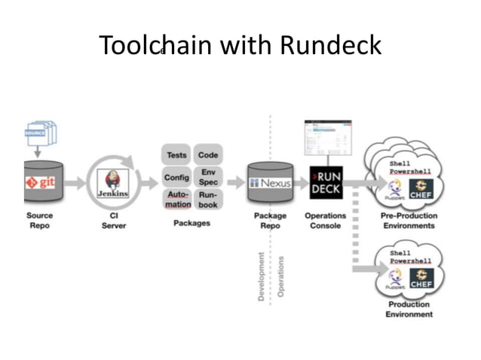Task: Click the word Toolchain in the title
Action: point(156,46)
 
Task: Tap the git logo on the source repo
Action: point(41,182)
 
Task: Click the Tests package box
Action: point(176,155)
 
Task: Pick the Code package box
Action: point(208,155)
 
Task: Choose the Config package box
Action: point(176,178)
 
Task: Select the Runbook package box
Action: point(208,200)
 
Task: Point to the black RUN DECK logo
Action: point(326,183)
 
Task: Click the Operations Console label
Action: point(326,221)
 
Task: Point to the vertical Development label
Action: point(262,276)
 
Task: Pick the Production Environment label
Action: point(409,310)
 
